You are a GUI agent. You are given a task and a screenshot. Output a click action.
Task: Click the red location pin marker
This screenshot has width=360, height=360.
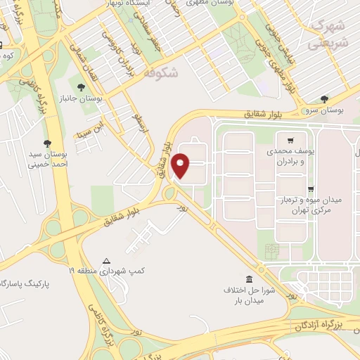181,165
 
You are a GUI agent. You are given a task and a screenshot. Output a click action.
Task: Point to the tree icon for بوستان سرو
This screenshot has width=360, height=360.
323,98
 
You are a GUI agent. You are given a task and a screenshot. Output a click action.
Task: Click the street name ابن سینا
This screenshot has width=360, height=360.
91,130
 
